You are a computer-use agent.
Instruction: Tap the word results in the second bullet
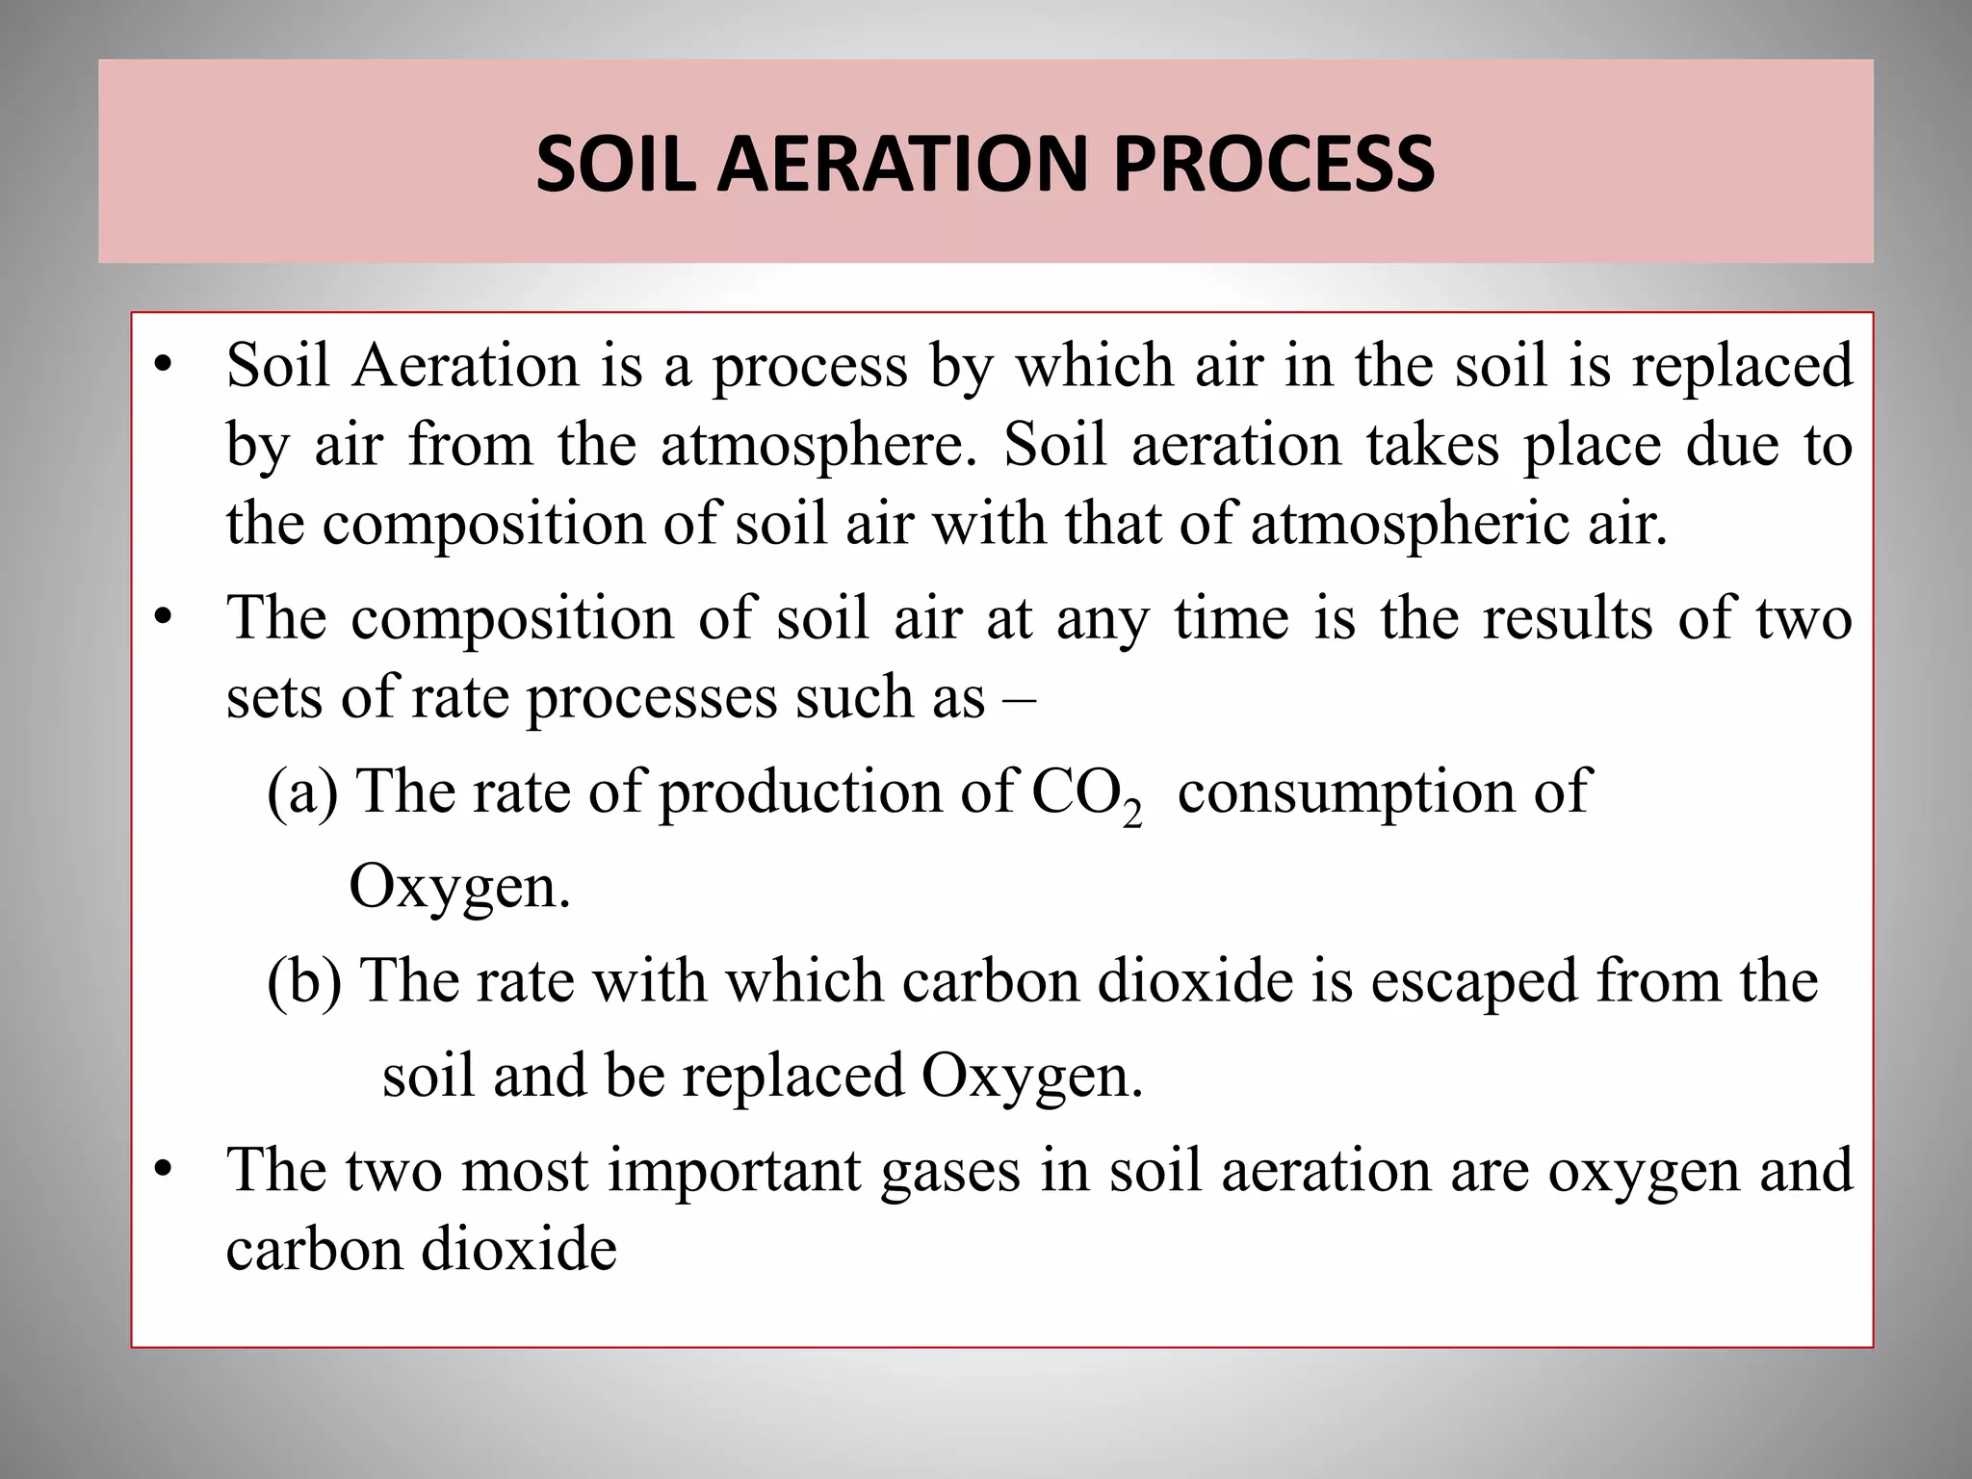pyautogui.click(x=1567, y=618)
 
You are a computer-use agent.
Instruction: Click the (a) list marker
pyautogui.click(x=302, y=792)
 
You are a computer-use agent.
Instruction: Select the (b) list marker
pyautogui.click(x=304, y=982)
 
